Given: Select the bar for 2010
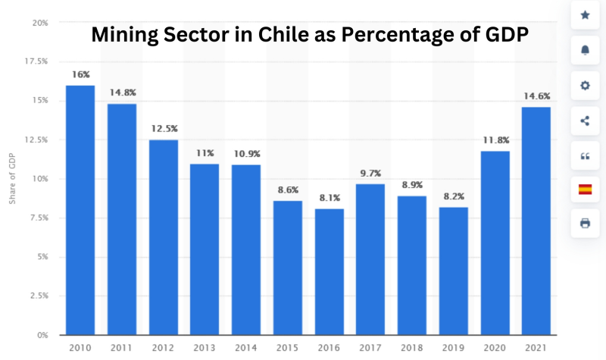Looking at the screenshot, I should (80, 210).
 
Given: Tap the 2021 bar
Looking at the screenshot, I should (537, 221).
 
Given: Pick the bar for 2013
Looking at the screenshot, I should (205, 249).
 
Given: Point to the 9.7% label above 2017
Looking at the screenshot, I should (371, 174).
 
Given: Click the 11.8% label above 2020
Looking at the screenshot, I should (495, 140).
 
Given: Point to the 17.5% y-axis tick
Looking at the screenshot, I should (36, 61).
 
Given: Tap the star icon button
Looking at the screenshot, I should (585, 15).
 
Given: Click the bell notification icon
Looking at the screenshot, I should (585, 50).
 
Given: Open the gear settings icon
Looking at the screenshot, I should (585, 86).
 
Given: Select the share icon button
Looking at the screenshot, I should (585, 121).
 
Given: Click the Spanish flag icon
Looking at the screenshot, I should (585, 189).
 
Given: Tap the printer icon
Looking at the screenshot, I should (585, 224).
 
